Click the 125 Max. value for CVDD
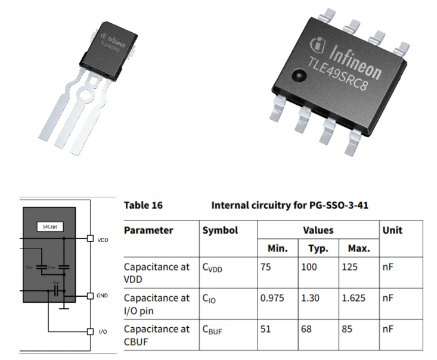point(351,267)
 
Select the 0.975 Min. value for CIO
point(272,297)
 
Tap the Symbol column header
point(220,230)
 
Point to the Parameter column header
point(148,230)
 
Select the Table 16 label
point(143,206)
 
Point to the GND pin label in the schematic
point(103,296)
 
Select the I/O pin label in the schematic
point(103,331)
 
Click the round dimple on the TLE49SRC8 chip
point(297,76)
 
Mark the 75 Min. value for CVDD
point(266,267)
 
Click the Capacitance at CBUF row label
point(156,334)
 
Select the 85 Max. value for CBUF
point(348,329)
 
